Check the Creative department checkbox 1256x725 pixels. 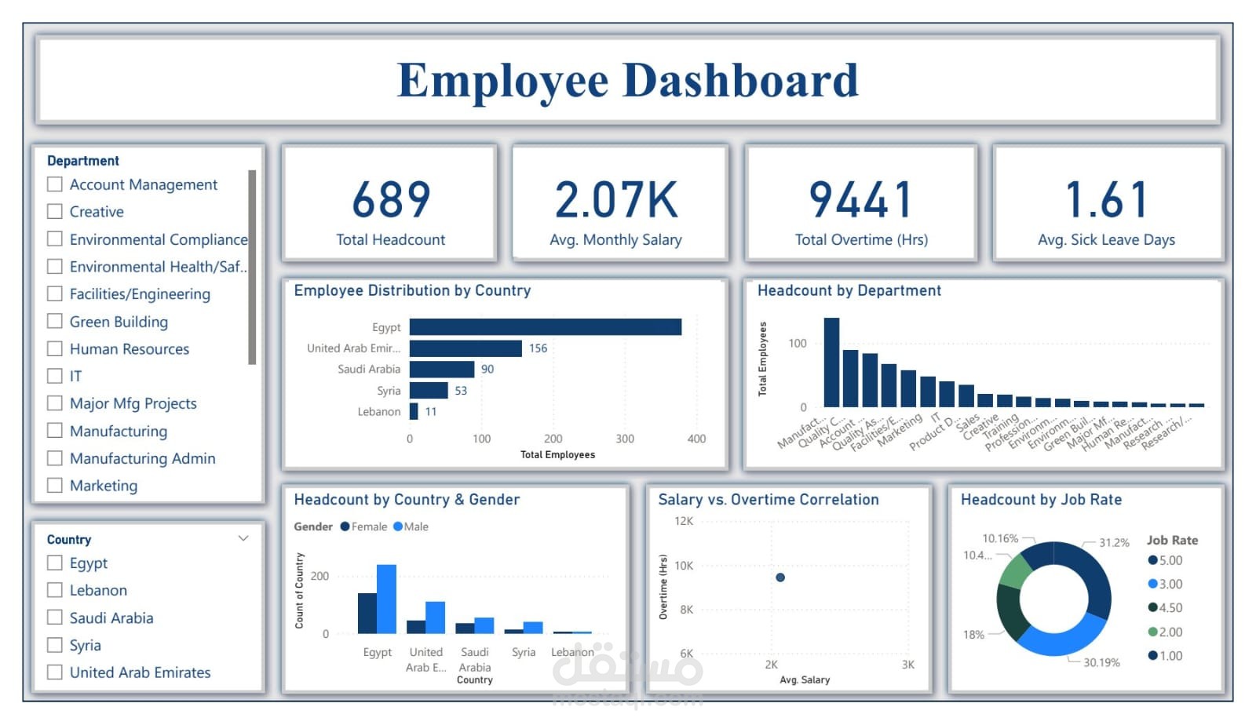click(55, 212)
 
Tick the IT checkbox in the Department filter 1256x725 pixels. click(55, 376)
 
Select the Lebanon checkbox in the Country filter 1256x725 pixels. click(55, 590)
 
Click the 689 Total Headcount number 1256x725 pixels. click(391, 199)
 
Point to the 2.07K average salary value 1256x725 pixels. click(616, 199)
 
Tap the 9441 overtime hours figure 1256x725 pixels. click(860, 199)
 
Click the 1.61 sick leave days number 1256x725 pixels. click(1106, 199)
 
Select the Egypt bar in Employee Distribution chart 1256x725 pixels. click(545, 326)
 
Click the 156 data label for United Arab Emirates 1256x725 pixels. click(538, 348)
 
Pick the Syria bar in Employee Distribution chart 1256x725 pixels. click(428, 390)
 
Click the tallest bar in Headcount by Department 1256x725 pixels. click(831, 362)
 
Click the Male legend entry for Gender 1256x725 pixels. click(411, 526)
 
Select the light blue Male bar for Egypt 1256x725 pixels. click(386, 599)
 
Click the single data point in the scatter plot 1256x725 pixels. click(780, 577)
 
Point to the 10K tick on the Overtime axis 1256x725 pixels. click(684, 566)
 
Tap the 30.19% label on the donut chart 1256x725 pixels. click(1101, 663)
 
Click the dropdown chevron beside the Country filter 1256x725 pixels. click(243, 538)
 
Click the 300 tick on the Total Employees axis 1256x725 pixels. click(625, 439)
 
